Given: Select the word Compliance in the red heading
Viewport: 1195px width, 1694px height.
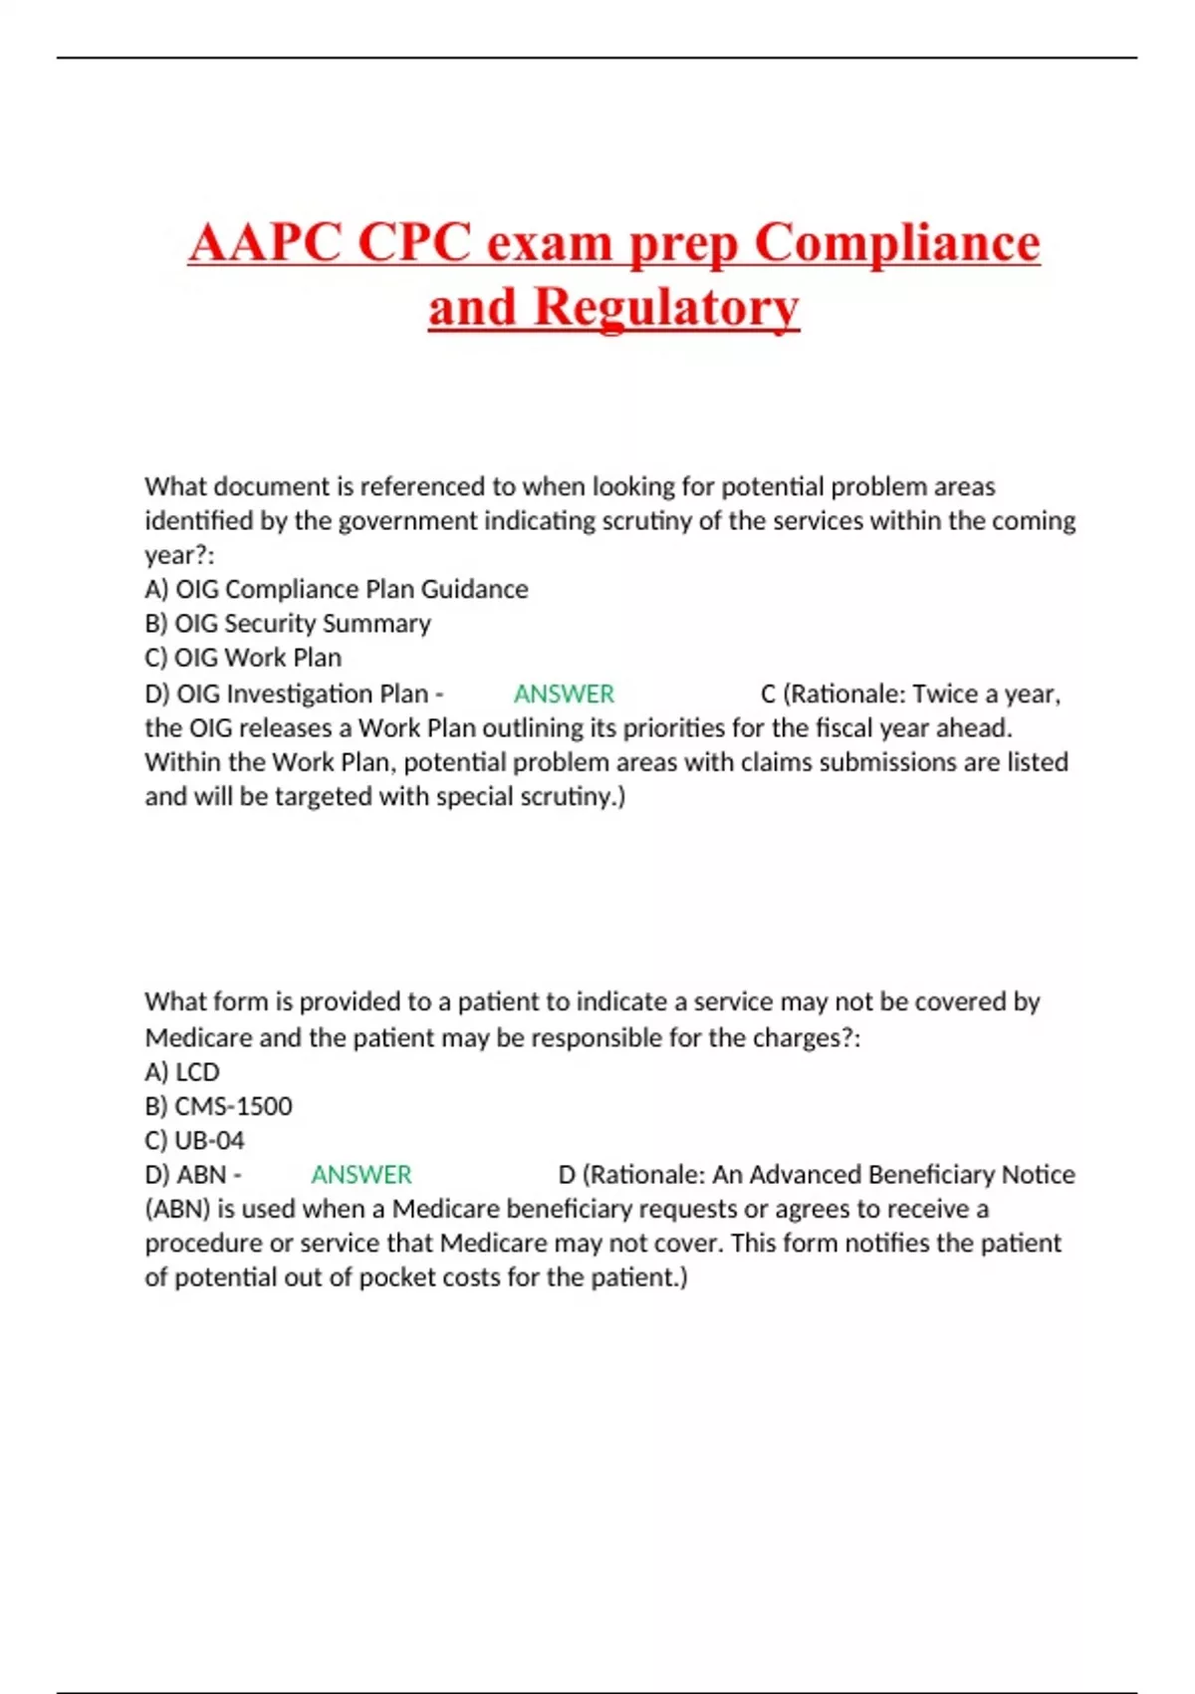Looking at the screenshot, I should (x=896, y=242).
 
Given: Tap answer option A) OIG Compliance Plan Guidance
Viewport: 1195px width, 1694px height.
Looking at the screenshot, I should (x=337, y=589).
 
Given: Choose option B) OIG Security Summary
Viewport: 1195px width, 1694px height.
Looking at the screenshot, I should (x=288, y=624).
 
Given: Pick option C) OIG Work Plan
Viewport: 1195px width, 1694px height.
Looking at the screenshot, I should (x=243, y=658).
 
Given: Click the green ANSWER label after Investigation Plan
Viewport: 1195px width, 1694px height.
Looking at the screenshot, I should (x=564, y=694).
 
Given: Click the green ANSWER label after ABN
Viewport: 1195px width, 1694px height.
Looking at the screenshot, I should (x=361, y=1175).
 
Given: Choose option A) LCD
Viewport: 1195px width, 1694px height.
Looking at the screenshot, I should (x=182, y=1072).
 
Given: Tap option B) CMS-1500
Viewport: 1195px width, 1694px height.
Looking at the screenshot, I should (x=218, y=1106).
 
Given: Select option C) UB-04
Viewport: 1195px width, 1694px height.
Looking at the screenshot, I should (x=194, y=1140).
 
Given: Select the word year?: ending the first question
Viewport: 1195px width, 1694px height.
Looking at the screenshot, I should (x=179, y=555).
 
